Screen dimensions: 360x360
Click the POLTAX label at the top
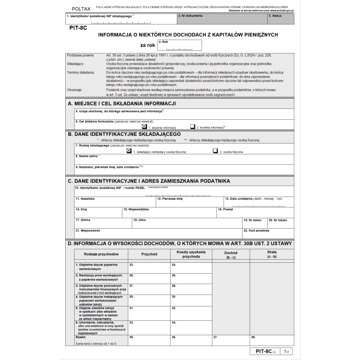click(81, 9)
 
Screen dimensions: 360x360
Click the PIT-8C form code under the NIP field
click(78, 28)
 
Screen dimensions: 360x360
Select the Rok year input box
click(180, 45)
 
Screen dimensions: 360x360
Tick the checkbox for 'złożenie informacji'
click(144, 127)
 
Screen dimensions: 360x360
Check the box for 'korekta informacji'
click(193, 127)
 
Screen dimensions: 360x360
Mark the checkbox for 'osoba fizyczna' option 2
click(216, 151)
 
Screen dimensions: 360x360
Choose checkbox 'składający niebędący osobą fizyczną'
click(129, 151)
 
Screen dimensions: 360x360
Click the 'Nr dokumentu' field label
click(191, 16)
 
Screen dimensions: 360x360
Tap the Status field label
click(275, 16)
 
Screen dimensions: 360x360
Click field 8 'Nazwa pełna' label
click(87, 156)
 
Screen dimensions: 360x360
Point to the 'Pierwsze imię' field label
click(170, 198)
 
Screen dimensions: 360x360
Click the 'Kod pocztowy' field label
click(257, 230)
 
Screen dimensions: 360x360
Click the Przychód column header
click(149, 254)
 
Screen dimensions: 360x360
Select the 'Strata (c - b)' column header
click(271, 254)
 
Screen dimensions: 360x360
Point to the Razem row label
click(81, 337)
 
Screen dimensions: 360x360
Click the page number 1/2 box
click(286, 351)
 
